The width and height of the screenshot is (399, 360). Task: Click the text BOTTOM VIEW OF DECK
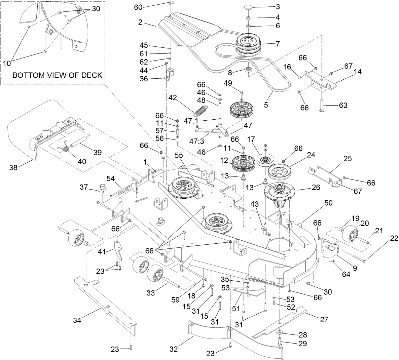(x=57, y=75)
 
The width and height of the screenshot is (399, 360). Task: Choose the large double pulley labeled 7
(x=248, y=44)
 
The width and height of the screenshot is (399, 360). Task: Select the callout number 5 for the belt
(x=265, y=105)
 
